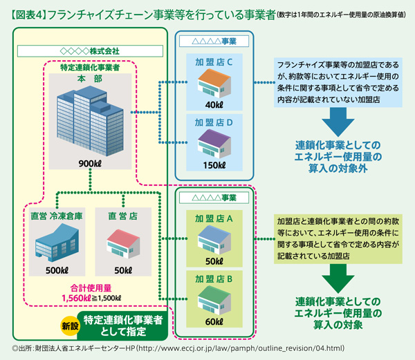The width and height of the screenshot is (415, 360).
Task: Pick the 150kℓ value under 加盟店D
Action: pyautogui.click(x=212, y=166)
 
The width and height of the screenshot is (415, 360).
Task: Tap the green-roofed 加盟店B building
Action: pyautogui.click(x=212, y=299)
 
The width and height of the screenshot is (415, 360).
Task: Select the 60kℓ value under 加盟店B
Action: pyautogui.click(x=212, y=320)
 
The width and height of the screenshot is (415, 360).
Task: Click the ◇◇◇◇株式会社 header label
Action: pyautogui.click(x=91, y=50)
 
